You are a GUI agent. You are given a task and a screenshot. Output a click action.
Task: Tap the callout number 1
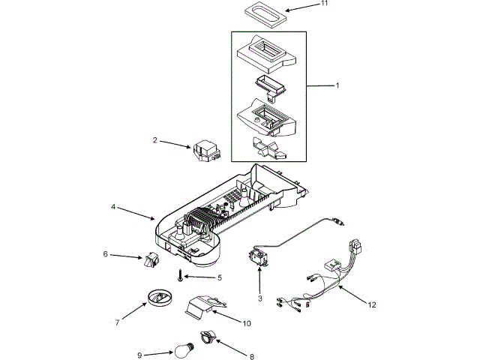click(x=337, y=85)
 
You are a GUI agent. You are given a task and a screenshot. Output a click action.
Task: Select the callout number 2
click(x=155, y=139)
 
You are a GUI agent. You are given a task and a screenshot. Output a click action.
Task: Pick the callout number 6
click(x=106, y=254)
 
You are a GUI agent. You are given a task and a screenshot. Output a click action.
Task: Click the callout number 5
click(x=220, y=277)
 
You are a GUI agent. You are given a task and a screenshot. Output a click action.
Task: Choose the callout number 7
click(x=117, y=322)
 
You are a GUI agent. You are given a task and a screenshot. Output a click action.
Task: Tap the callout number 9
click(x=139, y=355)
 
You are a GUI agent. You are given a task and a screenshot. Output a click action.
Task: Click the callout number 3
click(x=259, y=298)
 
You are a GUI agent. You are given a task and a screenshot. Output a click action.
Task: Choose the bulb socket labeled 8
click(x=208, y=337)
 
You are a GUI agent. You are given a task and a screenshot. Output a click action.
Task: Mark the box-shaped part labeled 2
click(x=205, y=152)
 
